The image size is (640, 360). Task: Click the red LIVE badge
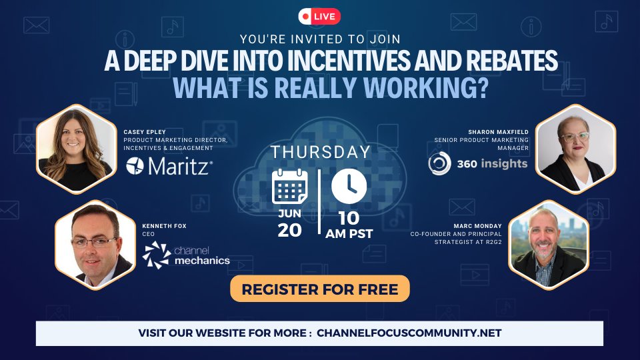320,15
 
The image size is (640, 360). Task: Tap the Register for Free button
320,289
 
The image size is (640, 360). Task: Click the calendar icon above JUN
288,187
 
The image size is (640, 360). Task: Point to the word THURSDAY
320,152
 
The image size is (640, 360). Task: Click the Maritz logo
169,166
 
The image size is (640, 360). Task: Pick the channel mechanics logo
186,255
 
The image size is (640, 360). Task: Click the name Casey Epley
144,132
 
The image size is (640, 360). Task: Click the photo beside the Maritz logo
75,148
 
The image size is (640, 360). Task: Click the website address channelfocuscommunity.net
409,333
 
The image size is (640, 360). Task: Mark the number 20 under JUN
289,230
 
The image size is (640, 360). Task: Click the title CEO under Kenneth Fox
148,234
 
